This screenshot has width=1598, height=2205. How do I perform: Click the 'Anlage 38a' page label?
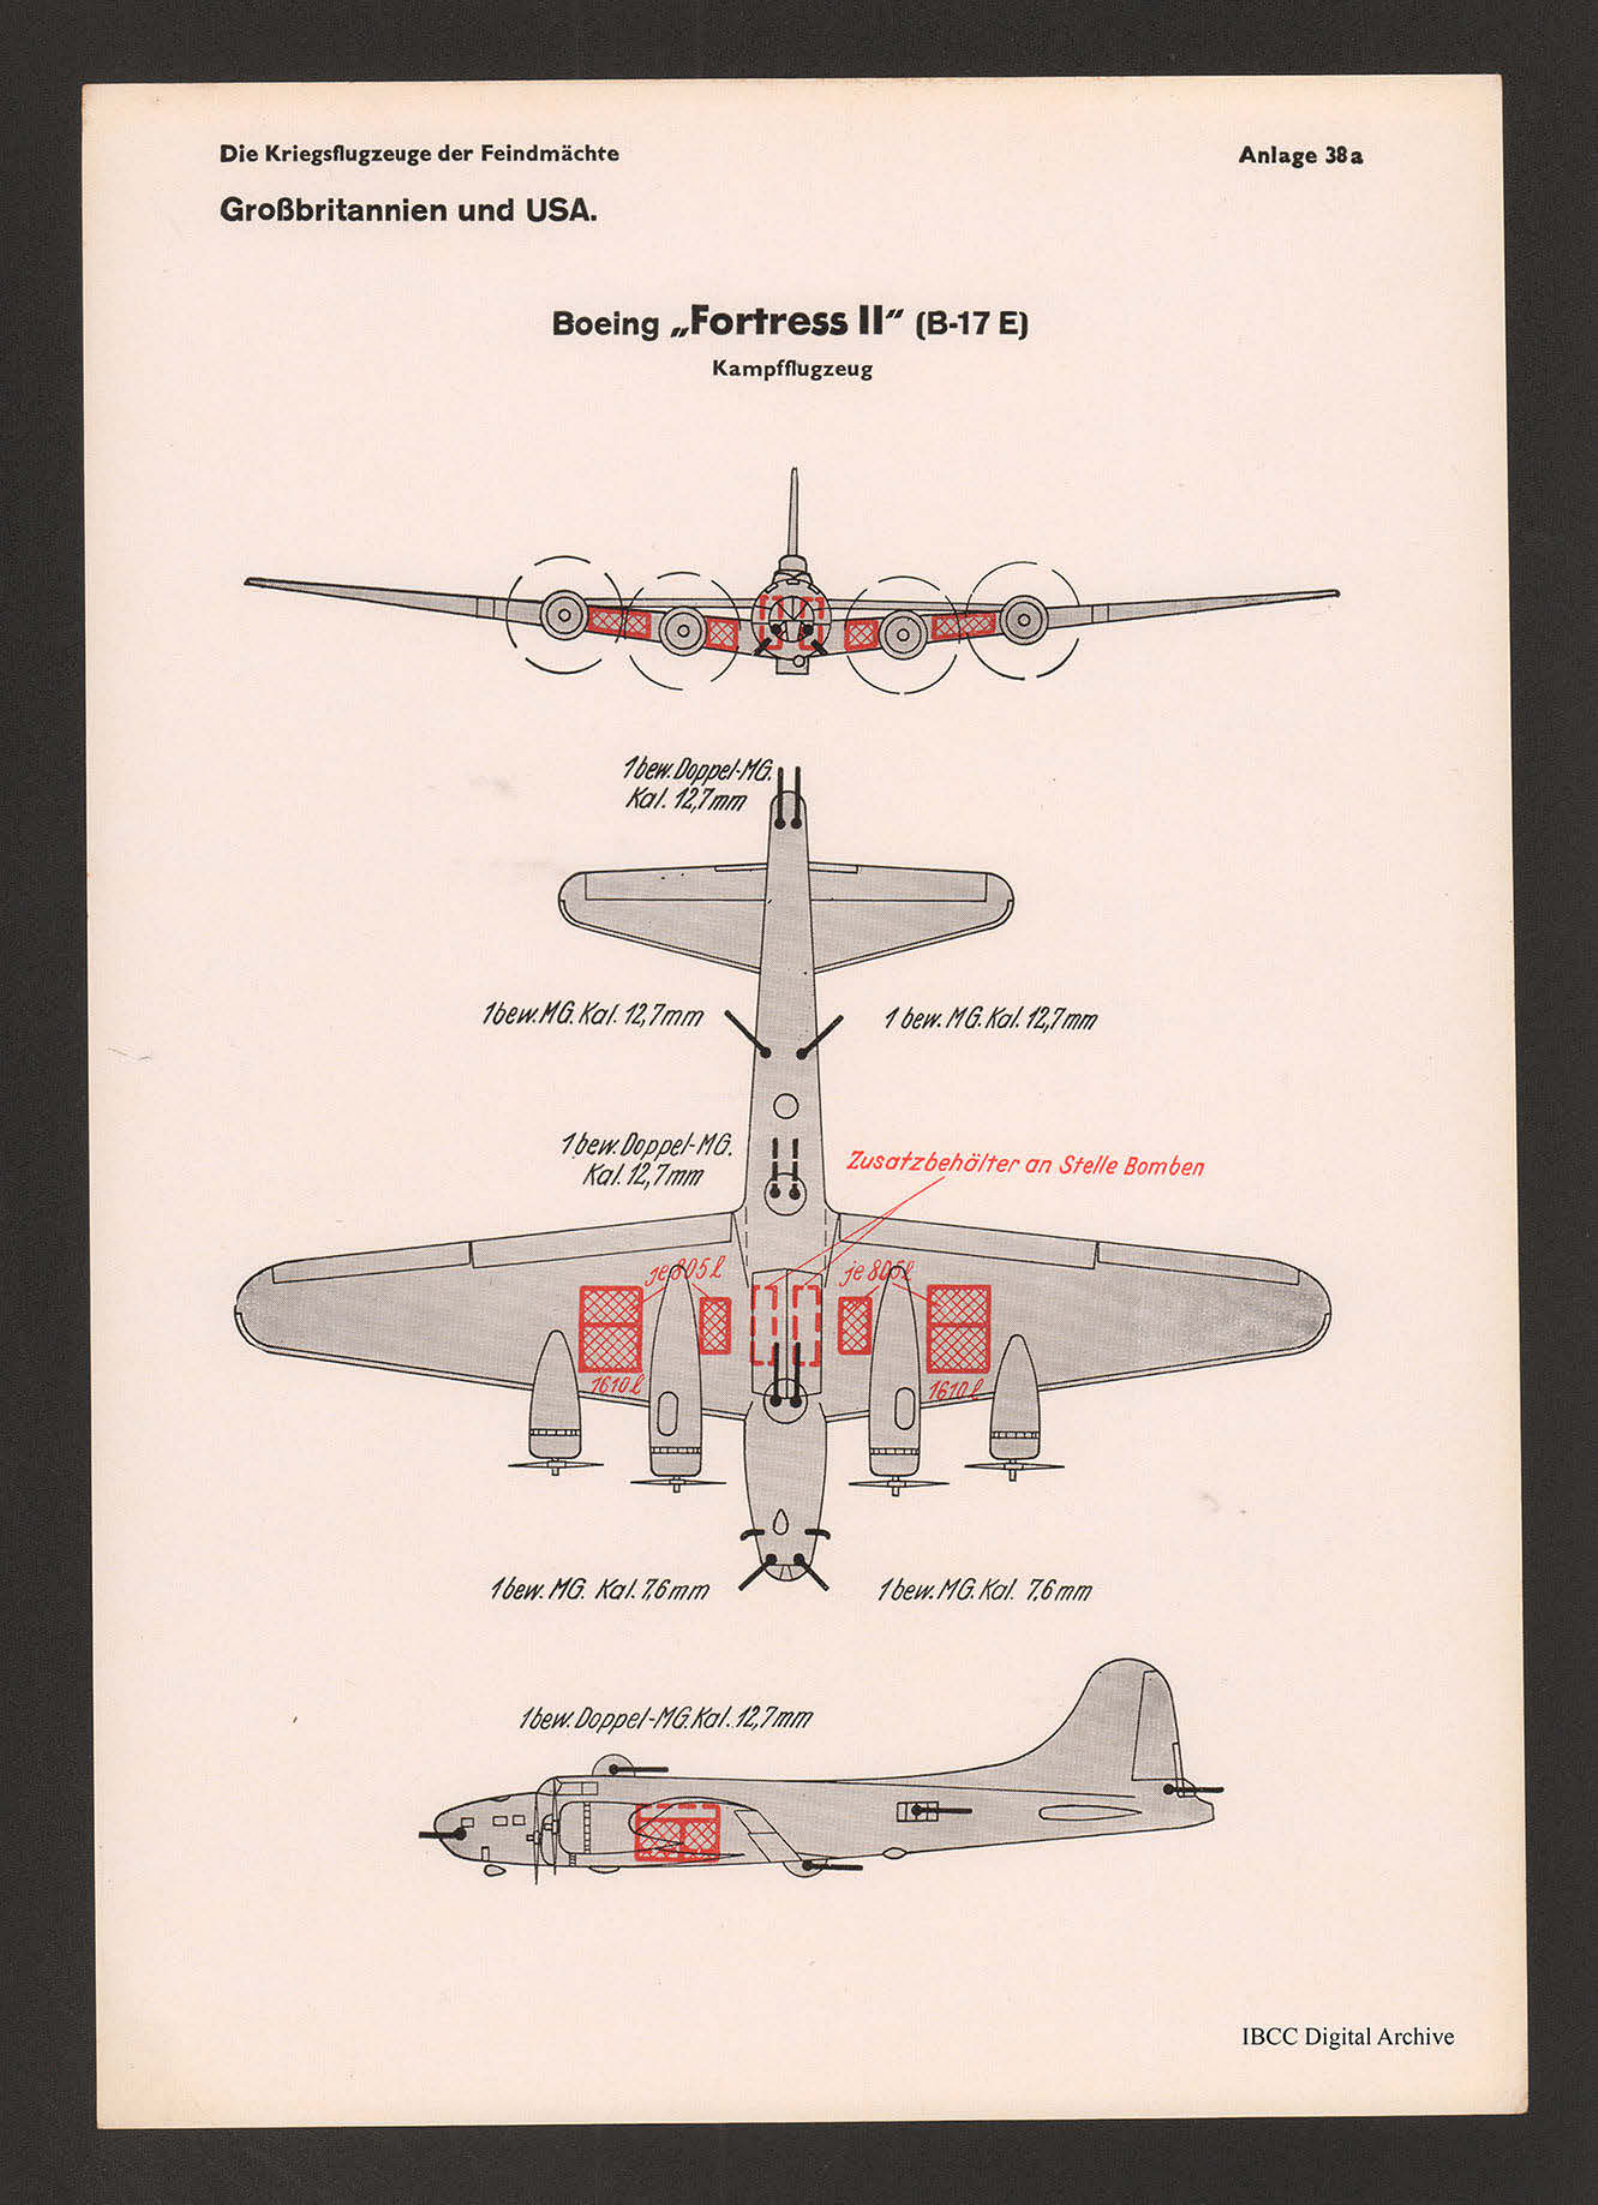(x=1300, y=156)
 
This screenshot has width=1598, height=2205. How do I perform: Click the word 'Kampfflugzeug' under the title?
(x=792, y=369)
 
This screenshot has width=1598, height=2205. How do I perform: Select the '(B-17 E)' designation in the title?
(x=971, y=325)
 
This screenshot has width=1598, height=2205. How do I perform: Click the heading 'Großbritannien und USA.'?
(x=408, y=211)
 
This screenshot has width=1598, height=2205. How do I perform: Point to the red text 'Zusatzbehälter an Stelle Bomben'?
(x=1026, y=1165)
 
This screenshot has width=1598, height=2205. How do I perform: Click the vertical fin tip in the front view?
(x=794, y=476)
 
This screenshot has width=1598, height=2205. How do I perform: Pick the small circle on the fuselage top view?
(x=786, y=1106)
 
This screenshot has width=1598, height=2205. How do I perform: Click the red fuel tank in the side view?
(x=677, y=1833)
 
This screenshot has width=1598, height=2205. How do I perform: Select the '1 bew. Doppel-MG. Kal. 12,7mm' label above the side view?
(x=665, y=1718)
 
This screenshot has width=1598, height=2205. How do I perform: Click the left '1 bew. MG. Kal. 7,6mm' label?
(x=600, y=1590)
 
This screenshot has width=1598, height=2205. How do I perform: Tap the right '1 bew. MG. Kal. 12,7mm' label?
(x=990, y=1020)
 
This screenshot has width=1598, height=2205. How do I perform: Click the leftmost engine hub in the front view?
(x=564, y=615)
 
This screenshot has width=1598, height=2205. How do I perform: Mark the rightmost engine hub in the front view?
(x=1023, y=619)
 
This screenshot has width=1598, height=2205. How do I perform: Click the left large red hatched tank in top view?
(x=610, y=1328)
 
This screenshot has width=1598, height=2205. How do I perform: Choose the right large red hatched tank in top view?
(x=958, y=1328)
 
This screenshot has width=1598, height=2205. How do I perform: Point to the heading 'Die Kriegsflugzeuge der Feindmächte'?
(x=419, y=154)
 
